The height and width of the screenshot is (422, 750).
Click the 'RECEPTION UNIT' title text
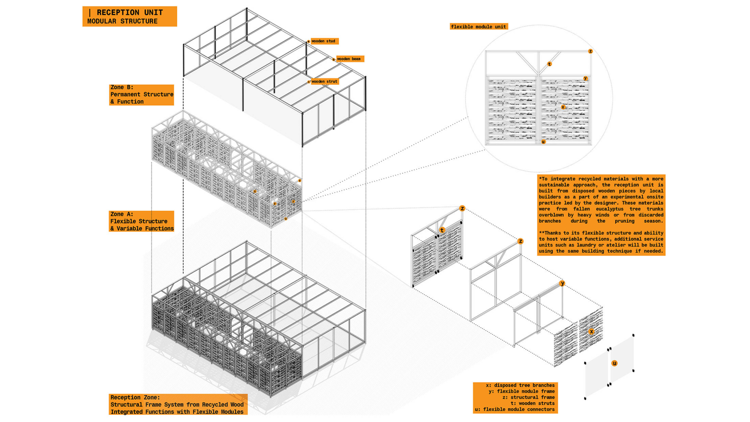[x=130, y=13]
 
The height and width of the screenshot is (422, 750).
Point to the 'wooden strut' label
[x=324, y=82]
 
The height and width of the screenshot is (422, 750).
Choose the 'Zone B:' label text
[x=122, y=87]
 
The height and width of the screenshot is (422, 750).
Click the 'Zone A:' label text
[x=122, y=214]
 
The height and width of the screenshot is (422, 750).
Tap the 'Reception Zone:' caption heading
[x=135, y=397]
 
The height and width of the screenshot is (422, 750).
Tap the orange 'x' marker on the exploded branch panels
[x=591, y=331]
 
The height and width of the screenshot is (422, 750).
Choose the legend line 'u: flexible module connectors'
[x=515, y=409]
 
